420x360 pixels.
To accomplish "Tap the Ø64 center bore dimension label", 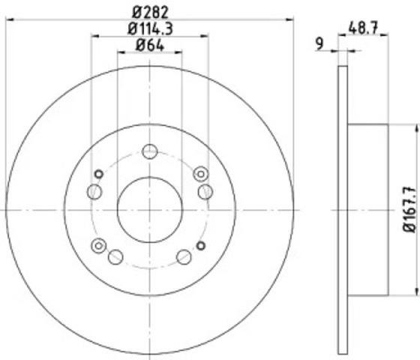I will click(x=149, y=46).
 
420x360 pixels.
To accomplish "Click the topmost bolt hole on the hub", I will click(x=150, y=150).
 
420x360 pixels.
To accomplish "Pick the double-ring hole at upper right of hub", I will click(x=199, y=174).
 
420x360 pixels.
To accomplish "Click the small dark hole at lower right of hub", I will click(x=200, y=244).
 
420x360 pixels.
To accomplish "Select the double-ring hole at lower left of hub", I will click(x=98, y=244).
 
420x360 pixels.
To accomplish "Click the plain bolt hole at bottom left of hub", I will click(x=115, y=257).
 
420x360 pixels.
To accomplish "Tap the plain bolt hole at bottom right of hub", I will click(x=184, y=257).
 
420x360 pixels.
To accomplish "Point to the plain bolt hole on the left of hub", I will click(x=94, y=193).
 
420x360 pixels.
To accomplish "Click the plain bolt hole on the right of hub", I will click(x=205, y=193).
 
